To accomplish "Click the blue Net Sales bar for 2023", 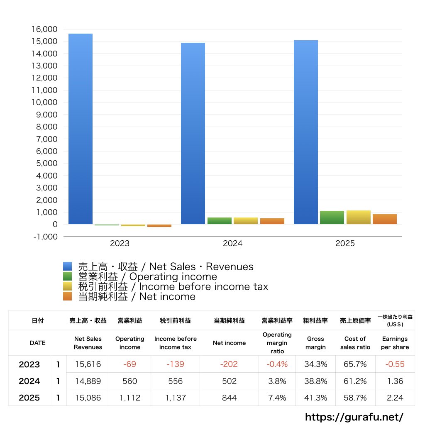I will pos(80,129).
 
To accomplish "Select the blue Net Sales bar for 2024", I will pos(193,133).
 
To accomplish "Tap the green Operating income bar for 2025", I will pos(332,217).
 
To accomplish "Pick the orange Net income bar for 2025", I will pos(384,219).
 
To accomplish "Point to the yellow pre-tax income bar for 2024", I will pos(246,221).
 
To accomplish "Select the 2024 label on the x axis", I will pos(232,244).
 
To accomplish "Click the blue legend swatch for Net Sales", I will pos(68,266).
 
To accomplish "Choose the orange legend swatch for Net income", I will pos(68,296).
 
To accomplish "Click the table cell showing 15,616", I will pos(88,364).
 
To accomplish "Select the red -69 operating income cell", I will pos(130,364).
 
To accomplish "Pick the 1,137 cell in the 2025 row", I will pos(176,398).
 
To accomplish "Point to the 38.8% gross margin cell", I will pos(316,381).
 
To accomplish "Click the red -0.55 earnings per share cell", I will pos(395,364).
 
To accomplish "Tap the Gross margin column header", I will pos(316,343).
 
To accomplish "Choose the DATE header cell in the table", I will pos(38,343).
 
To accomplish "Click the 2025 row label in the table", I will pos(29,398).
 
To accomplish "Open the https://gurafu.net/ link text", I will pos(354,417).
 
